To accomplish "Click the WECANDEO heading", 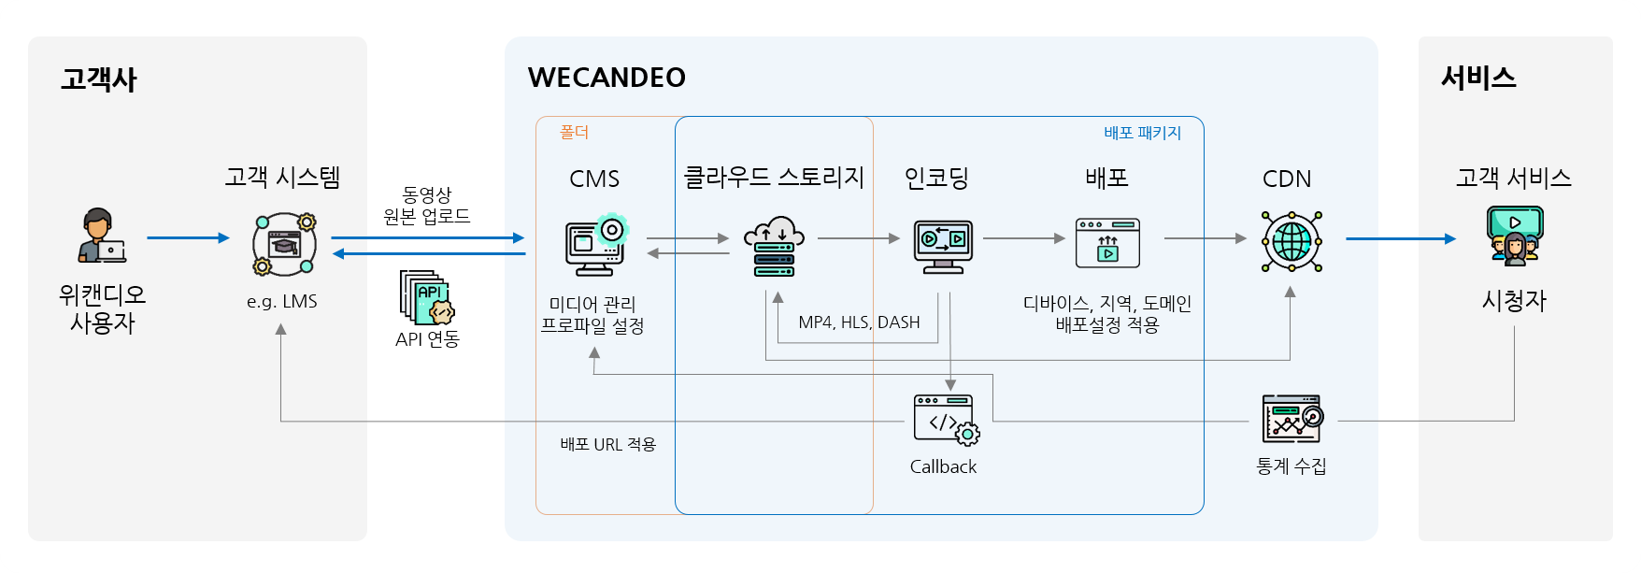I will click(x=606, y=78).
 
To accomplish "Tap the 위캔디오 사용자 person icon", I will click(x=102, y=236).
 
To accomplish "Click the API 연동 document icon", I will click(x=426, y=297).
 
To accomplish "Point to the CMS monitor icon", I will click(x=595, y=246).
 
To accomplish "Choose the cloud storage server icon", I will click(x=774, y=247).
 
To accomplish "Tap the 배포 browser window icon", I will click(x=1107, y=243).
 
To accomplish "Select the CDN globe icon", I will click(x=1291, y=241).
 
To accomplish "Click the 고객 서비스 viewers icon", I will click(x=1514, y=236).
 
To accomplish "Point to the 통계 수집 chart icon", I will click(x=1292, y=419).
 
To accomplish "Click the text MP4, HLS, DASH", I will click(x=859, y=322).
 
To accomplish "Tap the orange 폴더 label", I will click(x=574, y=133).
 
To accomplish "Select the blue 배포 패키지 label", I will click(x=1142, y=133).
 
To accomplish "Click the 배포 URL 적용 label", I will click(x=607, y=444).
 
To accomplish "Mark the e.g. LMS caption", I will click(x=281, y=302).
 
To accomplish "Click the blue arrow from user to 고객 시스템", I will click(x=187, y=238).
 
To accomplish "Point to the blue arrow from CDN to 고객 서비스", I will click(x=1399, y=238).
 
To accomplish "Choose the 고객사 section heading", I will click(x=98, y=79).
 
